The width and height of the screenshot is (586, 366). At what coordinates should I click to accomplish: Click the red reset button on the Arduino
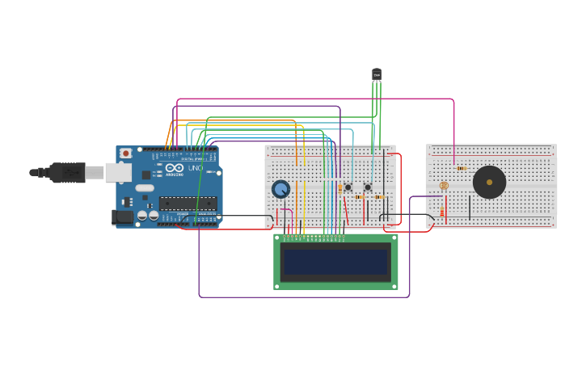(x=125, y=153)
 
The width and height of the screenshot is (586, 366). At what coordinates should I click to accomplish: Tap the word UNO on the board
(x=195, y=168)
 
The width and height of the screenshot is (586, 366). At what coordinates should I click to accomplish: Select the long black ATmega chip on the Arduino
(x=188, y=203)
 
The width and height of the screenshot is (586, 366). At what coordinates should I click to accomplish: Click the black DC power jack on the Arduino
(x=122, y=217)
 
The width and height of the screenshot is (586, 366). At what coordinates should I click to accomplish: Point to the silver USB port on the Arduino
(x=118, y=172)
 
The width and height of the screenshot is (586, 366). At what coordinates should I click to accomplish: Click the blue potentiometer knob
(x=280, y=189)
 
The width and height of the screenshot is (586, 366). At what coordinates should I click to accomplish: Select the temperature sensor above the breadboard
(x=377, y=74)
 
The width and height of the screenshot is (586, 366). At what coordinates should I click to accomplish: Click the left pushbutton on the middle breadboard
(x=348, y=187)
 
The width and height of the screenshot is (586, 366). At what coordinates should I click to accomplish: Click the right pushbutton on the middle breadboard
(x=368, y=187)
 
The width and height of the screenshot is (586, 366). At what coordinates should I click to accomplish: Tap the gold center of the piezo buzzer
(x=489, y=183)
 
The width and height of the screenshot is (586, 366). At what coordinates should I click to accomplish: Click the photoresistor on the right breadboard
(x=444, y=186)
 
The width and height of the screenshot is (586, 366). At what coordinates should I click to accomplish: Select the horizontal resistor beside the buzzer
(x=461, y=168)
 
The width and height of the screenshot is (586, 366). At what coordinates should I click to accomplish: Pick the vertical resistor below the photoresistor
(x=442, y=212)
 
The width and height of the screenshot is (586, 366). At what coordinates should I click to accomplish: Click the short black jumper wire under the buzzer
(x=470, y=207)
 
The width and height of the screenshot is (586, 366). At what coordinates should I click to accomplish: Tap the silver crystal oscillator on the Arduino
(x=145, y=188)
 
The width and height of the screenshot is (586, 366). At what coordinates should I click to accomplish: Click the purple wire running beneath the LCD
(x=307, y=297)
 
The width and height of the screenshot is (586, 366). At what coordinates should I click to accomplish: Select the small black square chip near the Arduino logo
(x=146, y=175)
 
